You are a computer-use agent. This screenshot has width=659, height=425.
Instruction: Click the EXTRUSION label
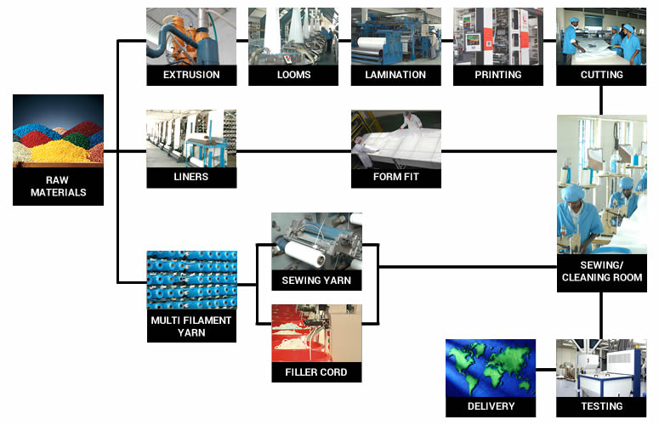pos(191,75)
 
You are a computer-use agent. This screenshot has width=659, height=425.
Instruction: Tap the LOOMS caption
pos(293,75)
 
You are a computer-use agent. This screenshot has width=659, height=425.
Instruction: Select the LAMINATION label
pos(396,75)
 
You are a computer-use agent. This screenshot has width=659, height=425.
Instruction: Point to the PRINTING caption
pos(498,75)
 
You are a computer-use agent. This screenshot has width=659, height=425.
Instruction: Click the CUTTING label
pos(601,75)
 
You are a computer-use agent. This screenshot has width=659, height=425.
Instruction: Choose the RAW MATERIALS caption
pos(58,186)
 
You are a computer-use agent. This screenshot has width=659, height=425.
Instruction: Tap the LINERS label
pos(191,178)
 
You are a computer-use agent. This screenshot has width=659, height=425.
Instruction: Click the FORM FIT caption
pos(396,178)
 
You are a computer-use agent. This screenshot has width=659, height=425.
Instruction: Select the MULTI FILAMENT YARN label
pos(191,326)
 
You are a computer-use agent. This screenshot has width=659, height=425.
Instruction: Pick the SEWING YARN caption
pos(316,280)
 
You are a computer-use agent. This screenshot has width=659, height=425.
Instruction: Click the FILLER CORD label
pos(316,372)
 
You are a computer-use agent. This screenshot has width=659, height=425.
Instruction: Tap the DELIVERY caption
pos(491,406)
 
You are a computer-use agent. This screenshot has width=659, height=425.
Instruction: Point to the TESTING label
pos(601,406)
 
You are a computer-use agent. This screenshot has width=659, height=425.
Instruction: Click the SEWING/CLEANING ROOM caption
pos(601,271)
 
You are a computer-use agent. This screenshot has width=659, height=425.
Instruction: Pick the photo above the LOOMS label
pos(293,36)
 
